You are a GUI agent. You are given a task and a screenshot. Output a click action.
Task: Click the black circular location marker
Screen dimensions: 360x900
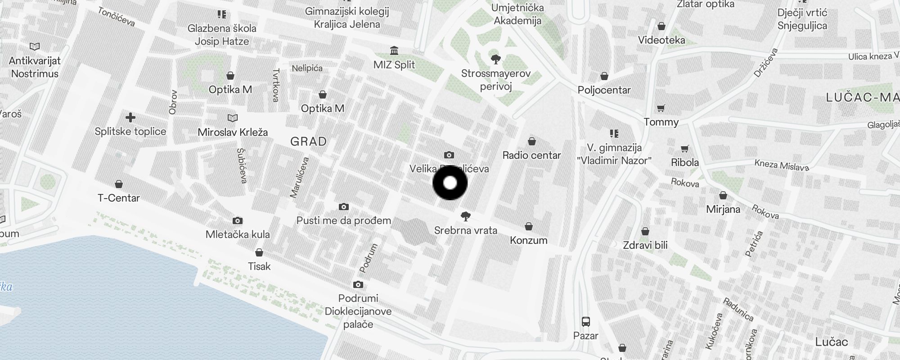[450, 183]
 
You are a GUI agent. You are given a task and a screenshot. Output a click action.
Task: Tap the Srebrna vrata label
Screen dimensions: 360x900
[466, 230]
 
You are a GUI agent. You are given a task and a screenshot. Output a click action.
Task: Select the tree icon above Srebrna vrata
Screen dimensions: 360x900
[466, 216]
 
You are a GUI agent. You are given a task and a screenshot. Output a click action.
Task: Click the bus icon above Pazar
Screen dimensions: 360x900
[585, 322]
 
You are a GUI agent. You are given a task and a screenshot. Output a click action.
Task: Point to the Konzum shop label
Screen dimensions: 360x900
[529, 240]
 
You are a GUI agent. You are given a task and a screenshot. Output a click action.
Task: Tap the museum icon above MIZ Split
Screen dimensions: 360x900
[394, 50]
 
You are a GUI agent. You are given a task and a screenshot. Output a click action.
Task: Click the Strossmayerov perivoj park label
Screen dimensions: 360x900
[496, 80]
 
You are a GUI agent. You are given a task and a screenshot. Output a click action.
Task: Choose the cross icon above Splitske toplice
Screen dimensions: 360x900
[130, 118]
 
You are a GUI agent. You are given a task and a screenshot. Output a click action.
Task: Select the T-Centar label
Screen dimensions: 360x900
[119, 198]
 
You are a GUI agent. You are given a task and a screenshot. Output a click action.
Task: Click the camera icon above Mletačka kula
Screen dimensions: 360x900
[238, 220]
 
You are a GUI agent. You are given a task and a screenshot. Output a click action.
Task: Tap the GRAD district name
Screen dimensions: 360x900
[309, 142]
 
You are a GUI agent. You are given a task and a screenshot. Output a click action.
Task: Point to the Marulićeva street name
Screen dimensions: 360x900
[300, 178]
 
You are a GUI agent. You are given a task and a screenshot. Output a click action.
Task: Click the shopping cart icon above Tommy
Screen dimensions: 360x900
[661, 108]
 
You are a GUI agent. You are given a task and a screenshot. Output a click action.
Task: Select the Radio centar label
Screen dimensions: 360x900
[531, 155]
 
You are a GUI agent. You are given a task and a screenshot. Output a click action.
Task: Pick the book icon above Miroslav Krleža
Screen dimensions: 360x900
[233, 118]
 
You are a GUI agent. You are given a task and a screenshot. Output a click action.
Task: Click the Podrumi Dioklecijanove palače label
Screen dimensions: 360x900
[358, 311]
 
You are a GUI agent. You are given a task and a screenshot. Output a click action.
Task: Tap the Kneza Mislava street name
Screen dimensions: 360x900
[782, 165]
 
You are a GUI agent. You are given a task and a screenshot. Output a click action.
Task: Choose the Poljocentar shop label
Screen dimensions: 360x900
[604, 90]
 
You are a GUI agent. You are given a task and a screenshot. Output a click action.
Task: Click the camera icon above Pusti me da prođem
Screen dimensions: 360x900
[344, 207]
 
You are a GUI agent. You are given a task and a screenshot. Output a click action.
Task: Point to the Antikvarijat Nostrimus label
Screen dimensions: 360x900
[35, 67]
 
